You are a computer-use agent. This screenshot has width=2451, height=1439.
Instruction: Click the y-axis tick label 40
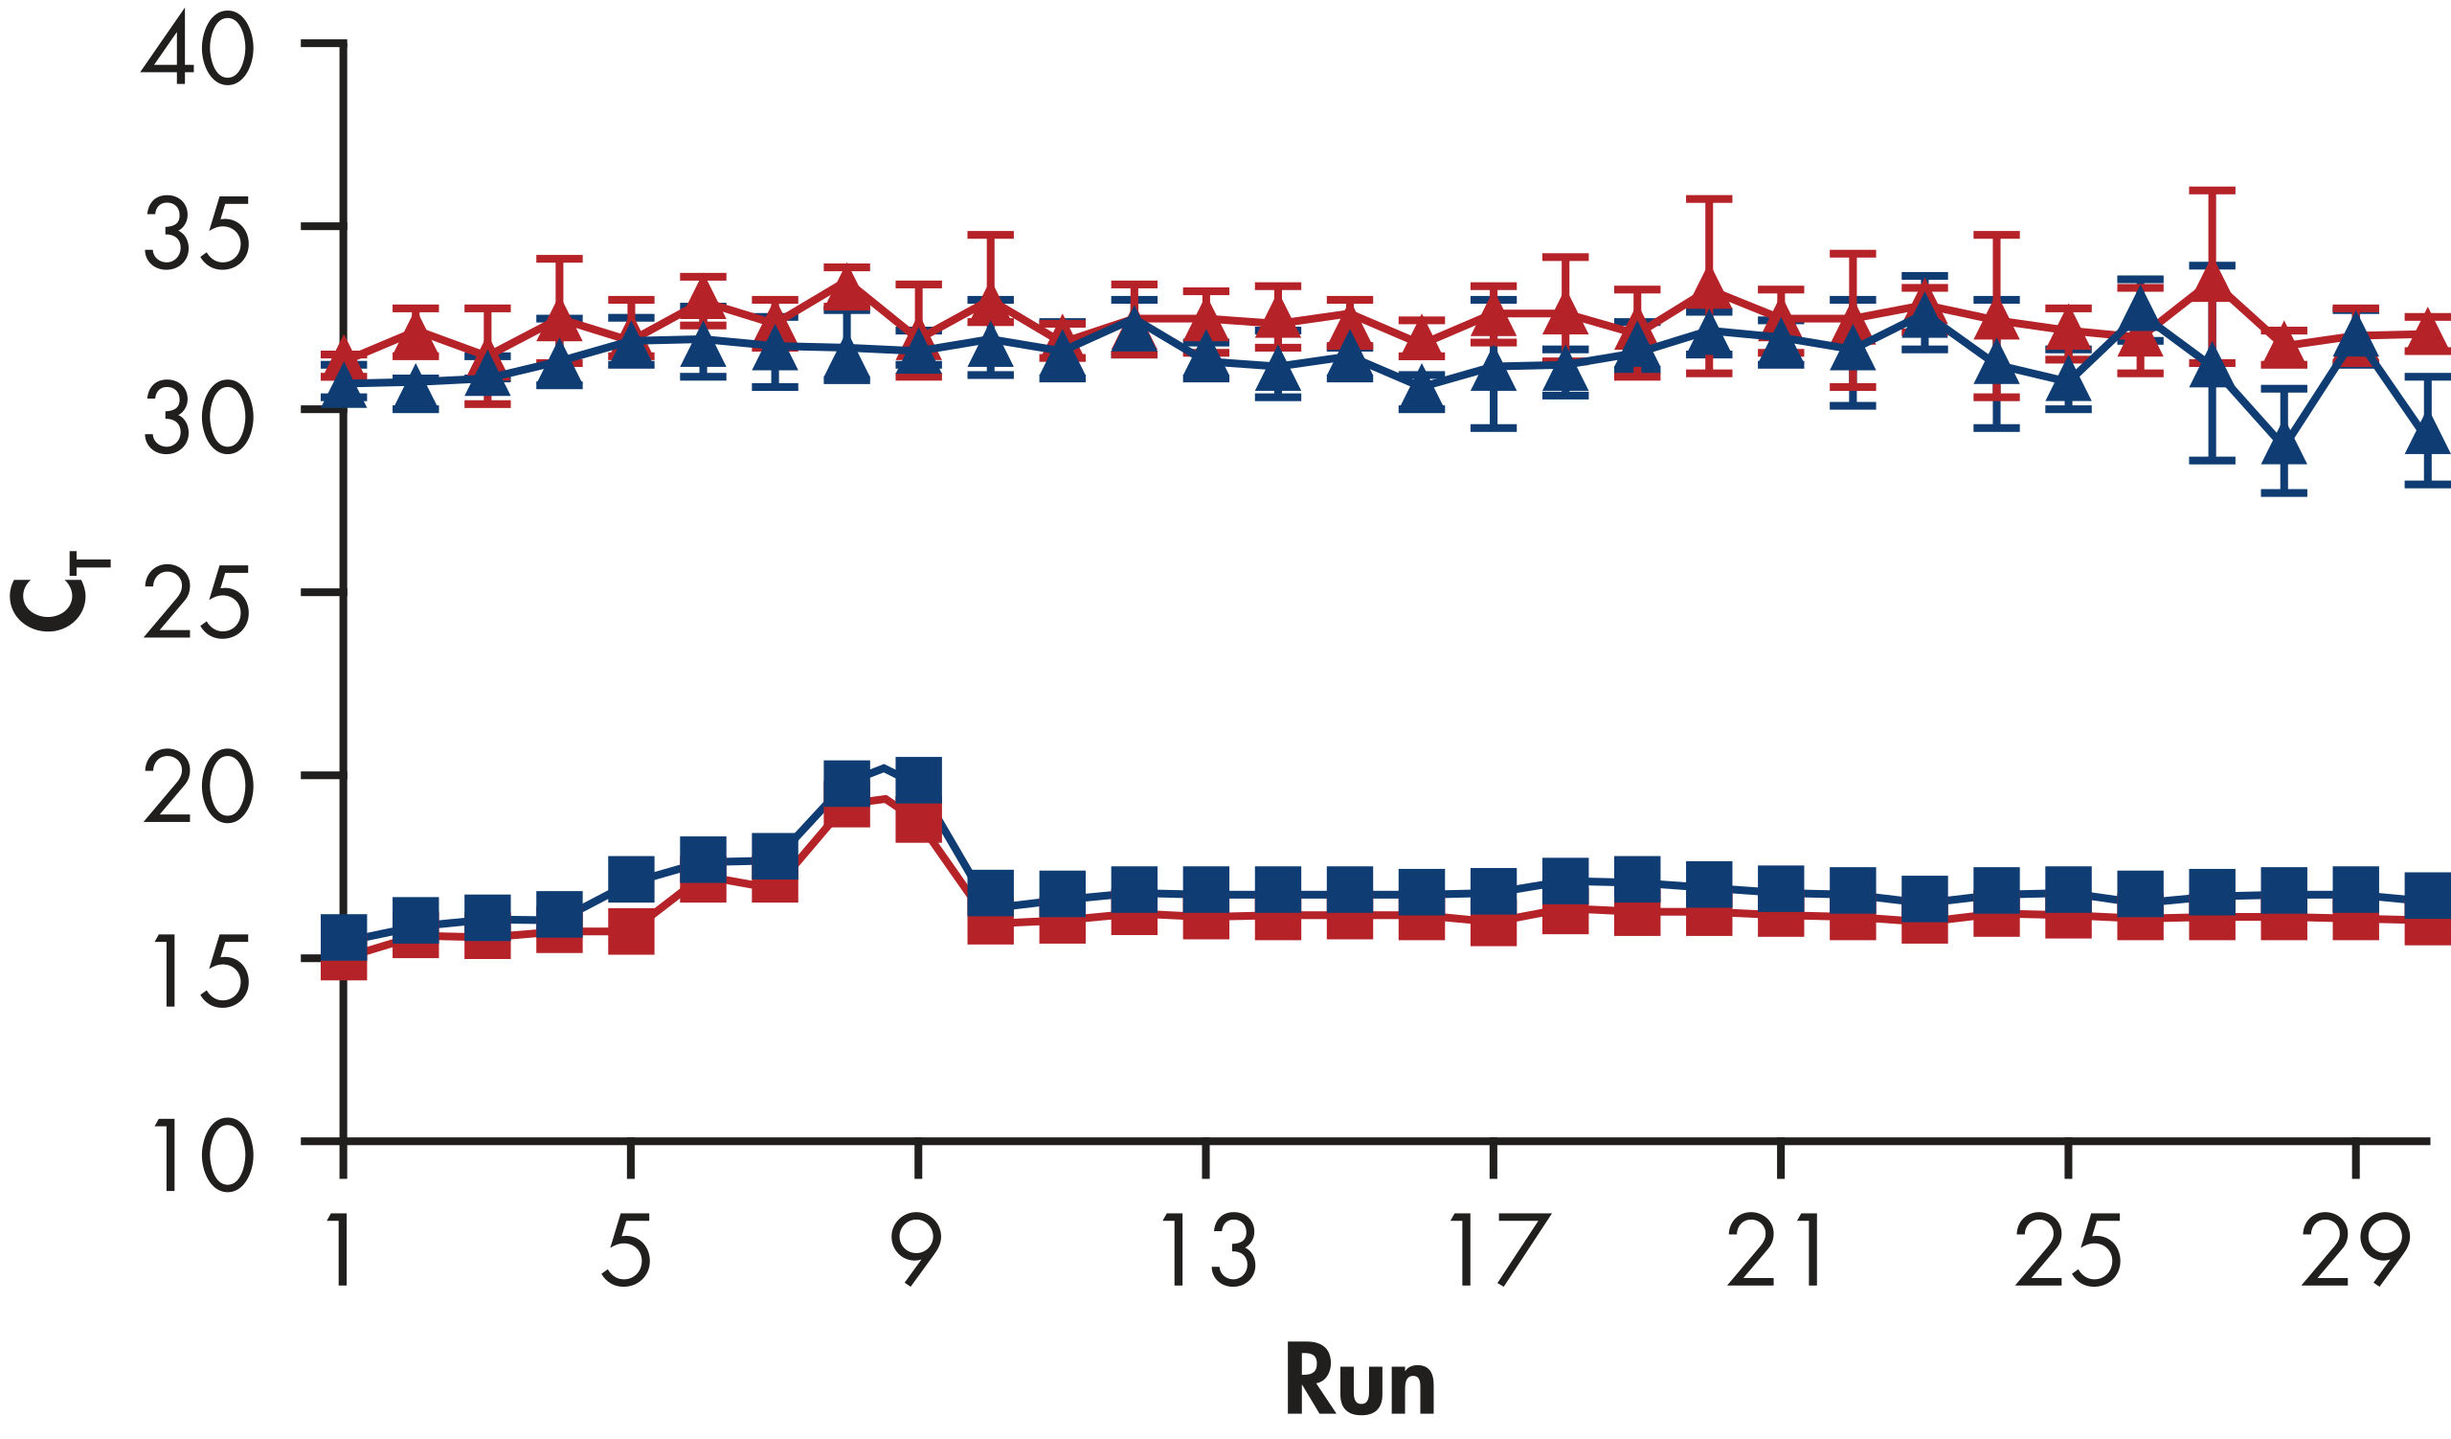pos(198,49)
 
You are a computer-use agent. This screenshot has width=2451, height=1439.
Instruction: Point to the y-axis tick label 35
pos(198,233)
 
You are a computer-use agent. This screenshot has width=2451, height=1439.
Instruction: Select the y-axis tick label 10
pos(204,1154)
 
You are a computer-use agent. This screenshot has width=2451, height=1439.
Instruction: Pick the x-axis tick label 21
pos(1776,1251)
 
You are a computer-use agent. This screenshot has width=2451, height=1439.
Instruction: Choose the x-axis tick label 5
pos(627,1251)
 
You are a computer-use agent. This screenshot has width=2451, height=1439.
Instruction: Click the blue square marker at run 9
pos(918,780)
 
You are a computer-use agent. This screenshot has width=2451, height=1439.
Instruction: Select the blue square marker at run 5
pos(631,879)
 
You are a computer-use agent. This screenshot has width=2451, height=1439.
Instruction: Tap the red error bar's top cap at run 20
pos(1709,199)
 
